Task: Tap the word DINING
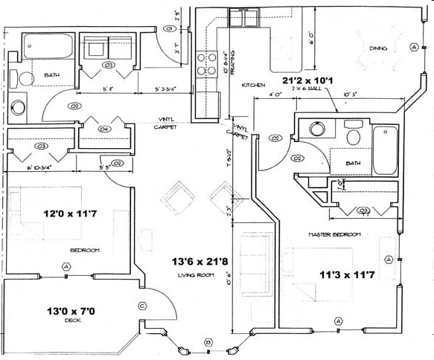379,49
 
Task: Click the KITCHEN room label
253,86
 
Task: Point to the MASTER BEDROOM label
334,234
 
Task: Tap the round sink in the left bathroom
19,106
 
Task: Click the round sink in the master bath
317,129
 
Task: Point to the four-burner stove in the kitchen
205,65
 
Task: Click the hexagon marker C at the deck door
141,305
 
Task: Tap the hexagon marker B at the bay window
208,342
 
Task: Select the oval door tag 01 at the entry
169,29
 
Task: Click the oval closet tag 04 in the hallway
104,129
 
